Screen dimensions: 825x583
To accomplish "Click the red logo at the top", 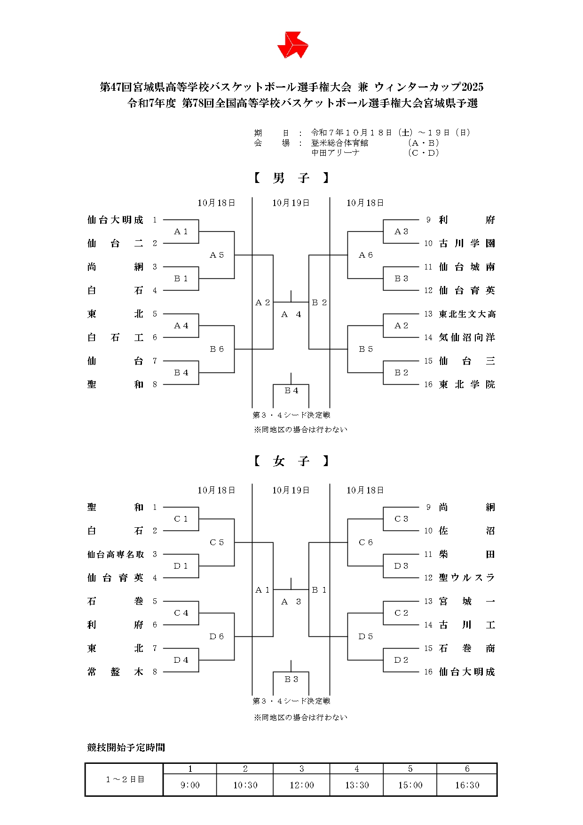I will click(x=292, y=45).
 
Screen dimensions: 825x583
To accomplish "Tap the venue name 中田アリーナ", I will click(x=335, y=153).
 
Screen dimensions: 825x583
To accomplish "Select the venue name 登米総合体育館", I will click(x=339, y=143).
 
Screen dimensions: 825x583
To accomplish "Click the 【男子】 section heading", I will click(x=291, y=178).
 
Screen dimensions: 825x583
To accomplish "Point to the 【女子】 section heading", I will click(x=291, y=461).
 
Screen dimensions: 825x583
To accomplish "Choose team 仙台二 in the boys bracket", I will click(x=115, y=244).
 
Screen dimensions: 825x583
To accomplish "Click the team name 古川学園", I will click(x=467, y=244).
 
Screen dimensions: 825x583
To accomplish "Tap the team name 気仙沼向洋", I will click(x=467, y=338).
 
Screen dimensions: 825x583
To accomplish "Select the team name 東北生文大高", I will click(x=467, y=314).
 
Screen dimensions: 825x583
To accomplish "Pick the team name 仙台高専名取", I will click(x=115, y=555).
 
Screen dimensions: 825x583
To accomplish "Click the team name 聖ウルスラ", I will click(x=467, y=578).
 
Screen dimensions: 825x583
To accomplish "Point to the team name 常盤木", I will click(x=115, y=672).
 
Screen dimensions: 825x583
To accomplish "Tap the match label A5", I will click(x=217, y=255).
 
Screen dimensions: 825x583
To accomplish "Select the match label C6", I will click(x=366, y=542).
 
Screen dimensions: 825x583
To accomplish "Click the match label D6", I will click(x=217, y=636).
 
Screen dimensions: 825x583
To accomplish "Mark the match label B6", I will click(x=217, y=349).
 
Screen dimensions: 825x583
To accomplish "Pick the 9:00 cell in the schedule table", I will click(x=190, y=785).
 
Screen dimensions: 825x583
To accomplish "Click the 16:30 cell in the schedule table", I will click(x=467, y=785).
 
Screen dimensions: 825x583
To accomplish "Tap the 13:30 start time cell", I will click(x=357, y=785).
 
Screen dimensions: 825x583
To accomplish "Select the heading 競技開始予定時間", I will click(x=126, y=747).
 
